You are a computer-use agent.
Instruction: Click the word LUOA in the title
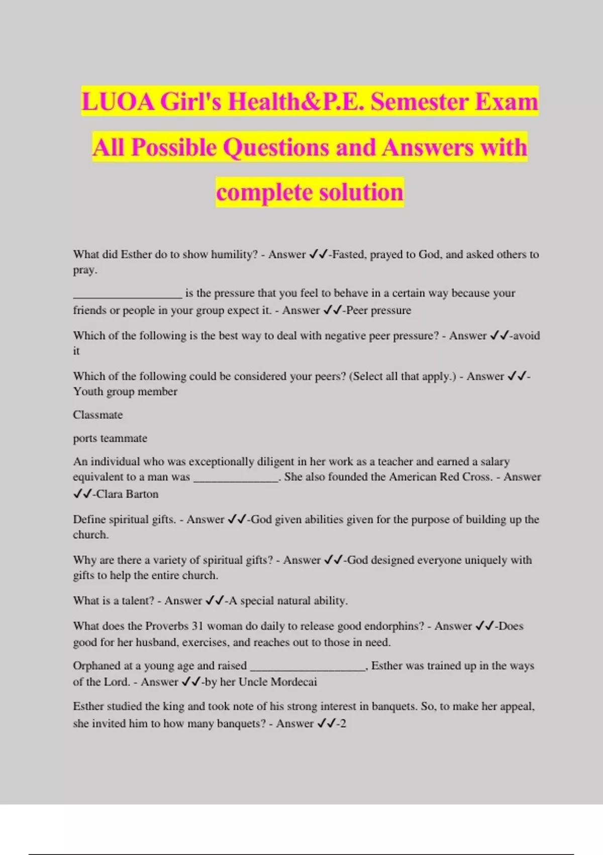[118, 102]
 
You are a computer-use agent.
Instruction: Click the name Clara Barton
[127, 494]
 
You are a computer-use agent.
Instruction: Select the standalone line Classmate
[97, 415]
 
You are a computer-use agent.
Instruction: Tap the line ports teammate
[110, 438]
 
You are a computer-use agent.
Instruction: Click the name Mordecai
[293, 682]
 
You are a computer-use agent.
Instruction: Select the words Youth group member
[125, 391]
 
